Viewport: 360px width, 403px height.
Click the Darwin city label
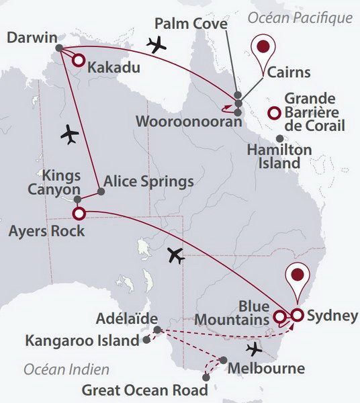(31, 38)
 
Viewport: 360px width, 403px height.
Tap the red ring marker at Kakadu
(77, 61)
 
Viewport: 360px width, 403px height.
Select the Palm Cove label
(191, 25)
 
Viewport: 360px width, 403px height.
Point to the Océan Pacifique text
(300, 17)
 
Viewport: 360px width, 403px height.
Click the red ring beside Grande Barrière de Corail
(273, 113)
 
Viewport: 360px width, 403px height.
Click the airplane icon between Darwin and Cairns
(157, 45)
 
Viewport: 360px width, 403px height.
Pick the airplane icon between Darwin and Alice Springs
(69, 134)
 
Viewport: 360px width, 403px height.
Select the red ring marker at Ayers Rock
(78, 214)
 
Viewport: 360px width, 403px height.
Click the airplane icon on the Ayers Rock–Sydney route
(175, 255)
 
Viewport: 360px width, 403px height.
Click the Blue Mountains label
(233, 313)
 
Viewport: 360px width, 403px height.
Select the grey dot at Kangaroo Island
(146, 341)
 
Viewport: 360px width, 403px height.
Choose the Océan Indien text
(66, 369)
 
